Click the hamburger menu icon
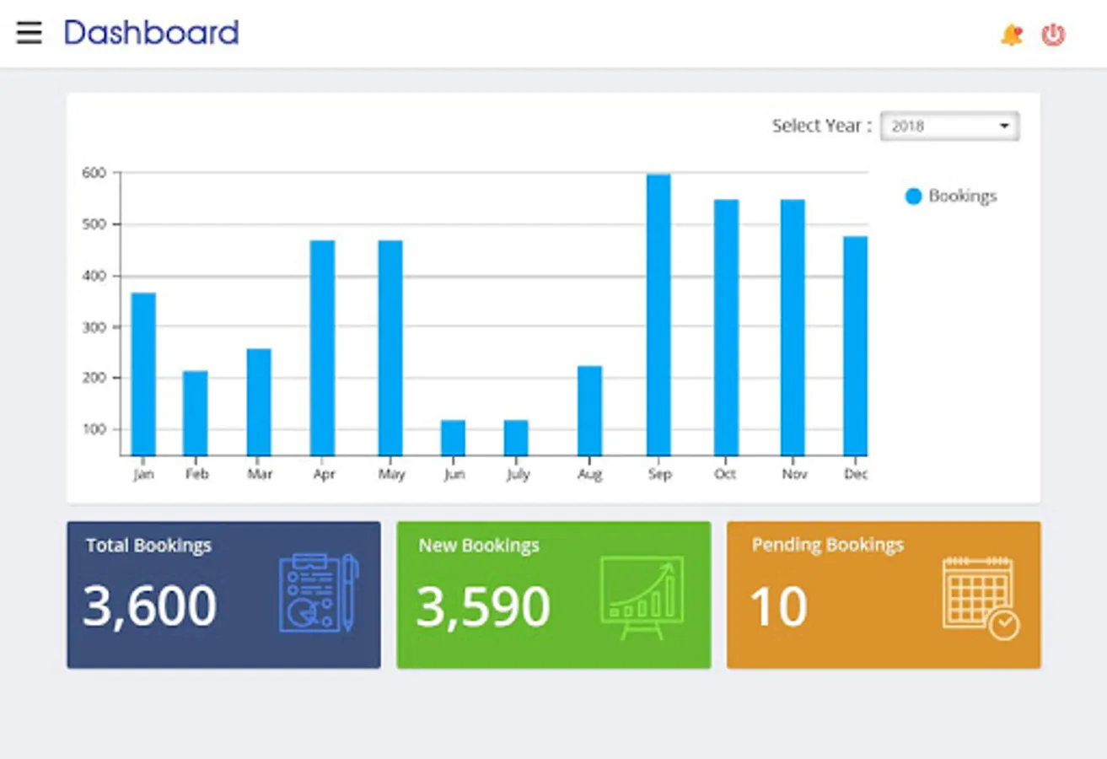29,33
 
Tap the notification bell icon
1011,35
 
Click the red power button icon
1053,35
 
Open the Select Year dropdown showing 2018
949,126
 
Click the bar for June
453,438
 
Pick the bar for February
195,413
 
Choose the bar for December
855,346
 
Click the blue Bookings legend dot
913,196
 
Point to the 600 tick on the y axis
94,173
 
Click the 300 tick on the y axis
94,326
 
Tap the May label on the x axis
391,475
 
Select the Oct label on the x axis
725,475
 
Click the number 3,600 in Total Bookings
149,606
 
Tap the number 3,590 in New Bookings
482,606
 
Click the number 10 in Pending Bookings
778,606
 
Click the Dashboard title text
152,33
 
